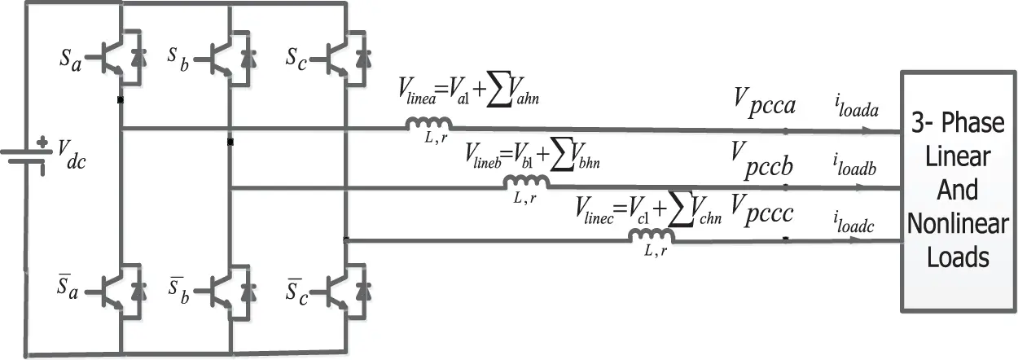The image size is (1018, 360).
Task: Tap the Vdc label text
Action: click(72, 154)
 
